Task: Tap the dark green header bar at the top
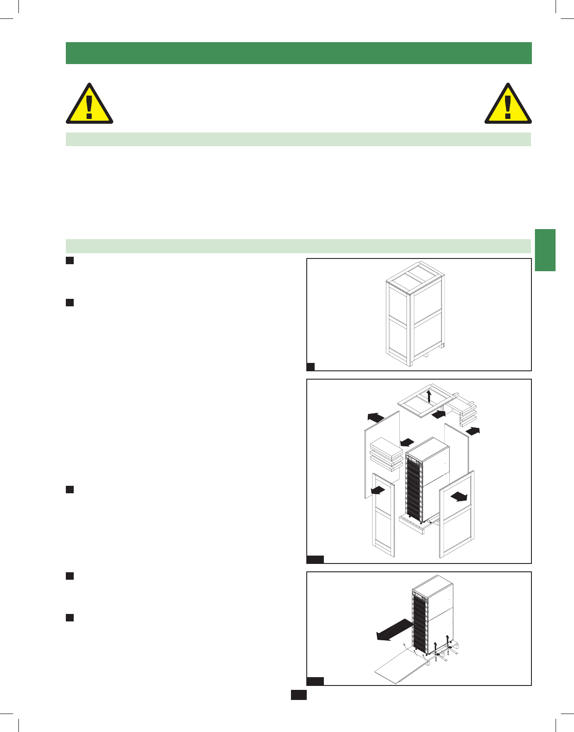[x=298, y=53]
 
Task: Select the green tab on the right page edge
[x=545, y=250]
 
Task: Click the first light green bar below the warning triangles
[x=298, y=139]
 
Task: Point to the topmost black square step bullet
[x=69, y=261]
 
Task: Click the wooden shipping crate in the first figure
[x=415, y=314]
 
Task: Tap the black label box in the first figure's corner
[x=311, y=367]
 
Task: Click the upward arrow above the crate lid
[x=429, y=395]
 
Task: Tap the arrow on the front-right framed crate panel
[x=459, y=496]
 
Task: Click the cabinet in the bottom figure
[x=432, y=614]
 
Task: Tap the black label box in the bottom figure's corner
[x=315, y=681]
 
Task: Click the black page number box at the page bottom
[x=298, y=695]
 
